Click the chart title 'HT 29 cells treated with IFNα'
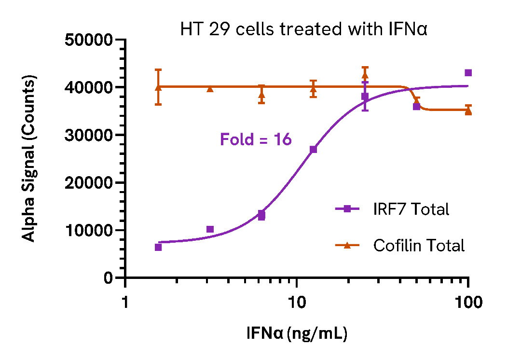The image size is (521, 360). pyautogui.click(x=304, y=30)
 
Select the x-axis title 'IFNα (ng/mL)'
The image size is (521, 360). pyautogui.click(x=297, y=333)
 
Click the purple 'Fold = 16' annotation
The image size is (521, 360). pyautogui.click(x=256, y=140)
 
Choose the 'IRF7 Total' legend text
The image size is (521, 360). pyautogui.click(x=411, y=209)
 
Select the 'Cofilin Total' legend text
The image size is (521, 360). pyautogui.click(x=419, y=246)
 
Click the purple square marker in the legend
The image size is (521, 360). pyautogui.click(x=347, y=209)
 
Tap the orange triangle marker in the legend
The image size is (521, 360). pyautogui.click(x=347, y=245)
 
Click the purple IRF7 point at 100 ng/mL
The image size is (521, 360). pyautogui.click(x=468, y=73)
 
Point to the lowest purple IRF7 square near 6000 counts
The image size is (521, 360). pyautogui.click(x=158, y=247)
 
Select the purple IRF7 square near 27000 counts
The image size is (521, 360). pyautogui.click(x=313, y=149)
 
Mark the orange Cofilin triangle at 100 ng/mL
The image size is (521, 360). pyautogui.click(x=468, y=111)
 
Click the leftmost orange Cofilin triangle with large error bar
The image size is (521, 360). pyautogui.click(x=158, y=87)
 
